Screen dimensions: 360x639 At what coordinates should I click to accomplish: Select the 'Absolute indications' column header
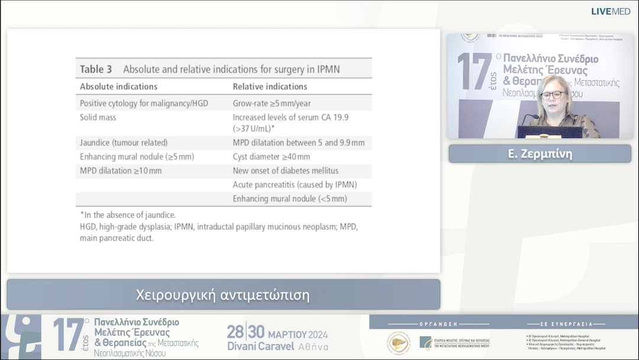[118, 86]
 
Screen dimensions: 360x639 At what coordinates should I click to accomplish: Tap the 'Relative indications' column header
[270, 86]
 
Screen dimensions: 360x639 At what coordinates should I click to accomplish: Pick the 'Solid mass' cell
[98, 117]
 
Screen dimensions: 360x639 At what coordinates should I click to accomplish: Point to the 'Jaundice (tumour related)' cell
[124, 143]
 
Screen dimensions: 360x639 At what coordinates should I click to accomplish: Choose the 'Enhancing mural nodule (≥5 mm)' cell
[137, 157]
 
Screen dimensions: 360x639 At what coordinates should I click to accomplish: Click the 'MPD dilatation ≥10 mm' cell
[121, 171]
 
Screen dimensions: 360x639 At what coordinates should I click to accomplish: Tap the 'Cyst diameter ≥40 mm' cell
[271, 157]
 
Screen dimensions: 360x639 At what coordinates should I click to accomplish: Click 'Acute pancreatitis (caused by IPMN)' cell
[295, 185]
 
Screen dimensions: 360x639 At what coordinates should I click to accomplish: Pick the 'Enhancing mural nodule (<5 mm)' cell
[290, 199]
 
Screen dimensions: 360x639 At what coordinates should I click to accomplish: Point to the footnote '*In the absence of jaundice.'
[128, 215]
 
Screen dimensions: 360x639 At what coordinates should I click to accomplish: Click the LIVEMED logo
[611, 11]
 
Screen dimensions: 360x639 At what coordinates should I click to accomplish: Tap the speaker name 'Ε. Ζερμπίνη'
[540, 154]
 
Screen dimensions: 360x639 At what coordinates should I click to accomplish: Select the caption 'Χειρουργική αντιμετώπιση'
[223, 294]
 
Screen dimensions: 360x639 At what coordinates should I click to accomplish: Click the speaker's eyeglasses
[553, 95]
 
